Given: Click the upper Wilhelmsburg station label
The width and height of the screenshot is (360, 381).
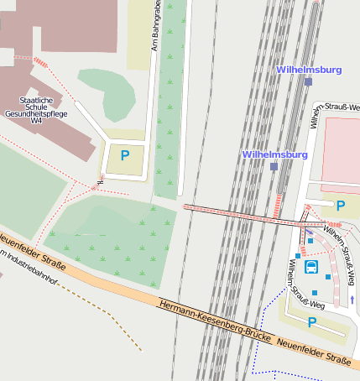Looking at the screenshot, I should (x=310, y=70).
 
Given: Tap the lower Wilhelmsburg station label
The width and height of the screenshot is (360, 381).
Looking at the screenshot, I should (x=274, y=155).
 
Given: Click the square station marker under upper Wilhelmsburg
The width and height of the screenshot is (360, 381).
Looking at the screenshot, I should (x=309, y=82).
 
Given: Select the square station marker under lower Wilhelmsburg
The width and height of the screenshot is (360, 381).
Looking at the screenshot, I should (x=274, y=167).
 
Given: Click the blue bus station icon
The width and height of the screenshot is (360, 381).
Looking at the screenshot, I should (x=311, y=268).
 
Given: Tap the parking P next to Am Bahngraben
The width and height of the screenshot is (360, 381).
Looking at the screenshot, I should (x=125, y=155).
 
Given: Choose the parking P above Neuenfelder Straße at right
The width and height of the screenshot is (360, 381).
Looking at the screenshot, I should (x=311, y=322).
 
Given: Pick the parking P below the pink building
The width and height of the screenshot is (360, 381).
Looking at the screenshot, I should (x=341, y=205).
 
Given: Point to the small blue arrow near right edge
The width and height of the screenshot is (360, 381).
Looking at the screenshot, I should (x=352, y=299).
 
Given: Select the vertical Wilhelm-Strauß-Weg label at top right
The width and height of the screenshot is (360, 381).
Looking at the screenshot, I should (x=315, y=117).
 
